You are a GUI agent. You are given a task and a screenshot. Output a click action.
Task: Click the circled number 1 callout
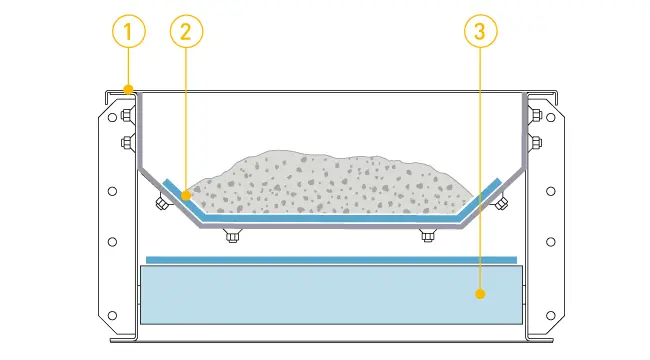click(127, 32)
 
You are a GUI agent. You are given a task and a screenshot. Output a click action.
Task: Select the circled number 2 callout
click(187, 32)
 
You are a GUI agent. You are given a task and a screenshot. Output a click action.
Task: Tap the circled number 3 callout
click(481, 32)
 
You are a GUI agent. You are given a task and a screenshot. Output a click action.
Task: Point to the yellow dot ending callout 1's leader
click(127, 90)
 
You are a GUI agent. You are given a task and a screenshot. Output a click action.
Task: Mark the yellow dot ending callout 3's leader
click(481, 294)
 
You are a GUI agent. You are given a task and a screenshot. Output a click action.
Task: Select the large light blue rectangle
click(330, 294)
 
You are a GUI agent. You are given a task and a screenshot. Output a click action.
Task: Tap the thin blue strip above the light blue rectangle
click(330, 260)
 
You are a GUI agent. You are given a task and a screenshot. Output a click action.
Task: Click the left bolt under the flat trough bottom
click(233, 237)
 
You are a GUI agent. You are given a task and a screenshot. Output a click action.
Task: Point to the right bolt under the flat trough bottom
click(428, 237)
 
